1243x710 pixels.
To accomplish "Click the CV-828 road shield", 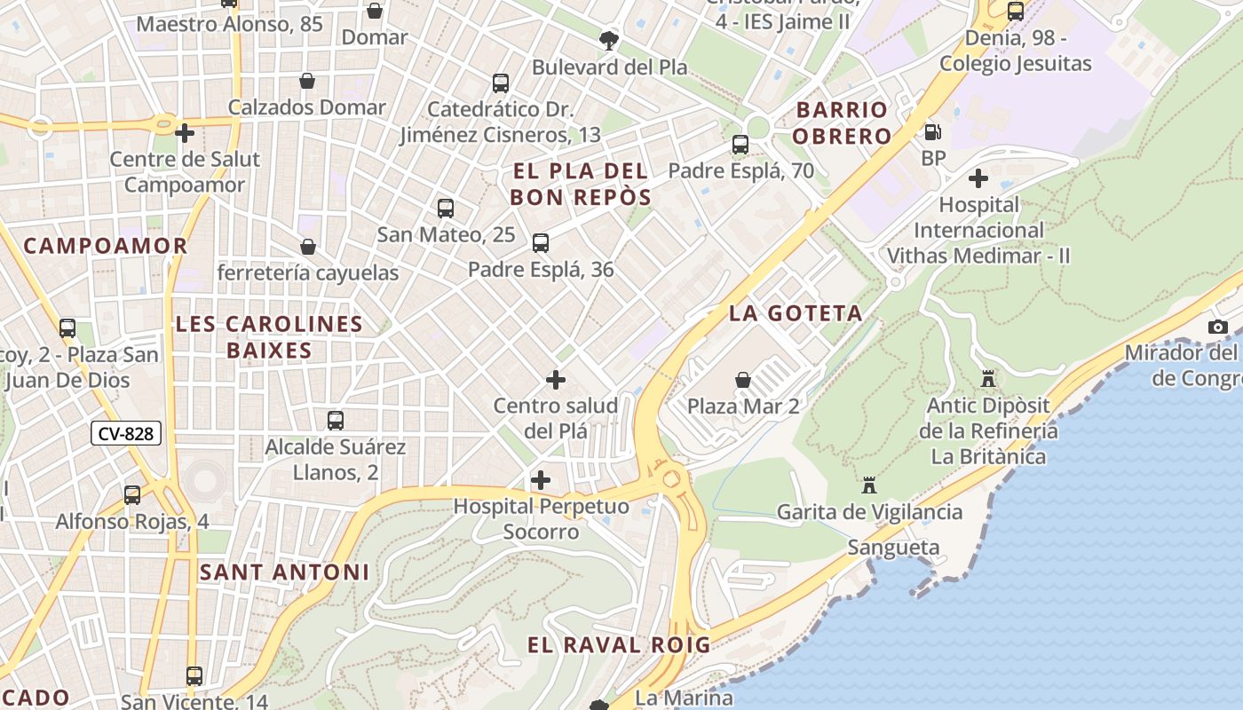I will (x=126, y=434).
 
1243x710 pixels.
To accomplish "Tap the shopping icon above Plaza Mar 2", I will (x=743, y=380).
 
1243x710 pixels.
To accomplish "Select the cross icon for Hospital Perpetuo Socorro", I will (x=540, y=481).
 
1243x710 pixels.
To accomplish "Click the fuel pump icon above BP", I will (x=932, y=133).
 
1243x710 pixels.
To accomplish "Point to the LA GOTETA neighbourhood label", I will (x=796, y=313).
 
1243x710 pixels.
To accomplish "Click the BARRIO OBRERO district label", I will (x=842, y=123).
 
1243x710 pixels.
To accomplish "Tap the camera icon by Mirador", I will (x=1218, y=327).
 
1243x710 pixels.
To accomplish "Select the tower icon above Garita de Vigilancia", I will (x=868, y=485).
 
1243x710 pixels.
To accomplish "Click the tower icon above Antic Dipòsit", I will (x=987, y=379).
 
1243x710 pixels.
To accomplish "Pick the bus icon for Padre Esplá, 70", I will (x=740, y=144).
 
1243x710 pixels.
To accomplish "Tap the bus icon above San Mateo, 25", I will (x=446, y=209).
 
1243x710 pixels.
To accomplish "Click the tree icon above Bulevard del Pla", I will (x=609, y=40).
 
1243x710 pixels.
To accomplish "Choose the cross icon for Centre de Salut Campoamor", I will (x=185, y=133).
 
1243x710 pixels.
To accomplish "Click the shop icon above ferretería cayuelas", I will (x=308, y=246).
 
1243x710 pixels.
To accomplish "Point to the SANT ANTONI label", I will (x=284, y=572).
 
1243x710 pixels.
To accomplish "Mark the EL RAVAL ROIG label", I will (x=619, y=645).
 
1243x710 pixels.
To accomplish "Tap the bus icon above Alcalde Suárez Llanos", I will (x=336, y=420).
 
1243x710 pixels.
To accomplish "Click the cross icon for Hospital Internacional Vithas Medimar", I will (x=978, y=178).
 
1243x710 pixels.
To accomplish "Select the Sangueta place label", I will (x=893, y=548).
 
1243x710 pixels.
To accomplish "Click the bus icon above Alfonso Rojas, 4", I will (x=132, y=495).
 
